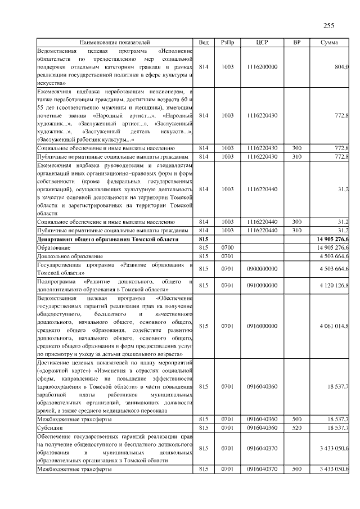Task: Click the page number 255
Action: (x=328, y=25)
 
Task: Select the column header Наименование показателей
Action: (x=115, y=42)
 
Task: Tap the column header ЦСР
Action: (x=262, y=42)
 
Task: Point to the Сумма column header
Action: (x=329, y=42)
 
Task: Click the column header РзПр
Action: (x=227, y=42)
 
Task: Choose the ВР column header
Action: (x=297, y=42)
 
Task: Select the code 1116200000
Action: (x=262, y=67)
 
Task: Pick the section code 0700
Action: (x=227, y=247)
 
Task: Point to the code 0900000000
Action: (x=262, y=268)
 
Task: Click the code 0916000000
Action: (x=262, y=326)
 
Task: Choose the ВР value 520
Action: (x=297, y=428)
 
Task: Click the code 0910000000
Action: (x=262, y=285)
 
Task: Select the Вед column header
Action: (x=204, y=42)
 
